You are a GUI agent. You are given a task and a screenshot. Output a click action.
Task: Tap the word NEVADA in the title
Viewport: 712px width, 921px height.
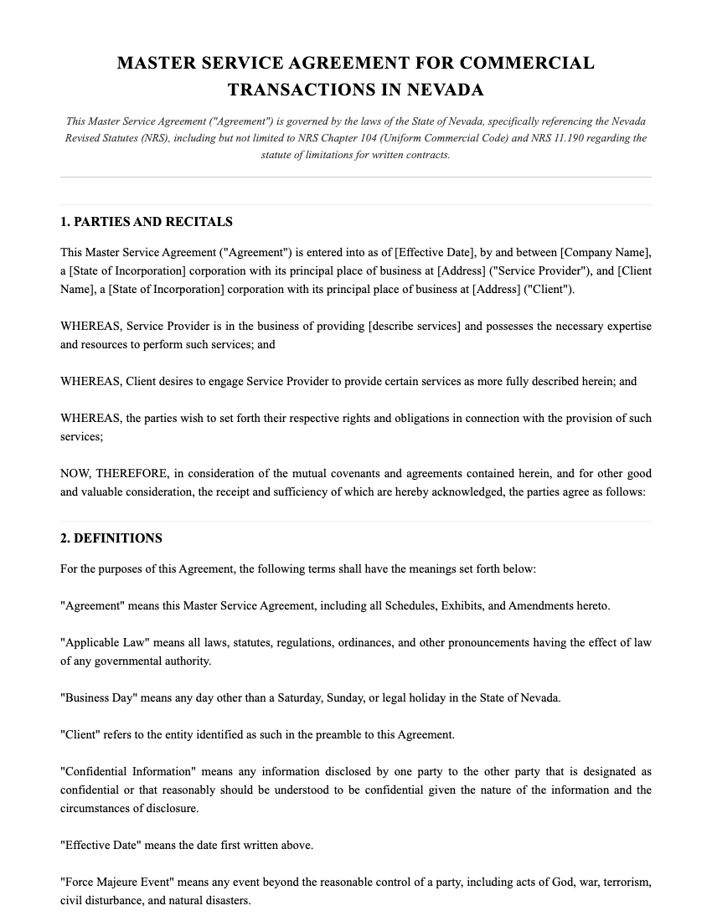446,90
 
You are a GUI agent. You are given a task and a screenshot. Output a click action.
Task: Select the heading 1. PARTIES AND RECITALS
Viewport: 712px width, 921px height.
147,222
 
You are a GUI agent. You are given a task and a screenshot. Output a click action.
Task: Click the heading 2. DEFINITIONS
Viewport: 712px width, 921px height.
111,538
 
